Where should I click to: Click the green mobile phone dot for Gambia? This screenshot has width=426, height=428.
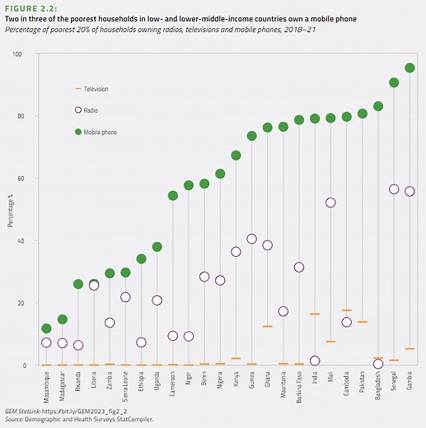click(410, 67)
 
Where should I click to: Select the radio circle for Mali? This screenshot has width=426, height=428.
click(330, 202)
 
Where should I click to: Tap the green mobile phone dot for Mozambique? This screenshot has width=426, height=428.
click(46, 328)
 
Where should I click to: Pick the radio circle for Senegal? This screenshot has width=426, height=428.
click(394, 189)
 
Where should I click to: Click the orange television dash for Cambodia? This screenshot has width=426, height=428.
click(346, 310)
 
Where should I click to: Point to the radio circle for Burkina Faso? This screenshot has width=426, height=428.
click(299, 267)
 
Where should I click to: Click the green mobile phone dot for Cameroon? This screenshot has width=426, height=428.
click(173, 196)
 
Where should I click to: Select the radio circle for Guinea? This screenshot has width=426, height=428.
click(251, 240)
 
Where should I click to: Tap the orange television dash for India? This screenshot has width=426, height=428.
click(315, 314)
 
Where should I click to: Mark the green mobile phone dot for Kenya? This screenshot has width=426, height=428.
click(236, 156)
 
